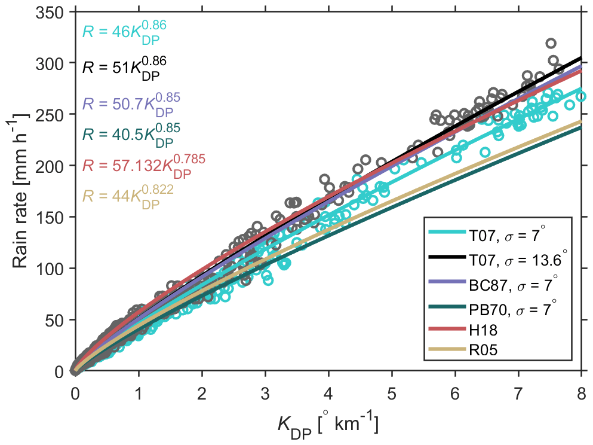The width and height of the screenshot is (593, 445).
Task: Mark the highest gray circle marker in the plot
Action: pos(551,43)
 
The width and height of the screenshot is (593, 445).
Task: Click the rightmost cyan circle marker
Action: pos(580,96)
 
